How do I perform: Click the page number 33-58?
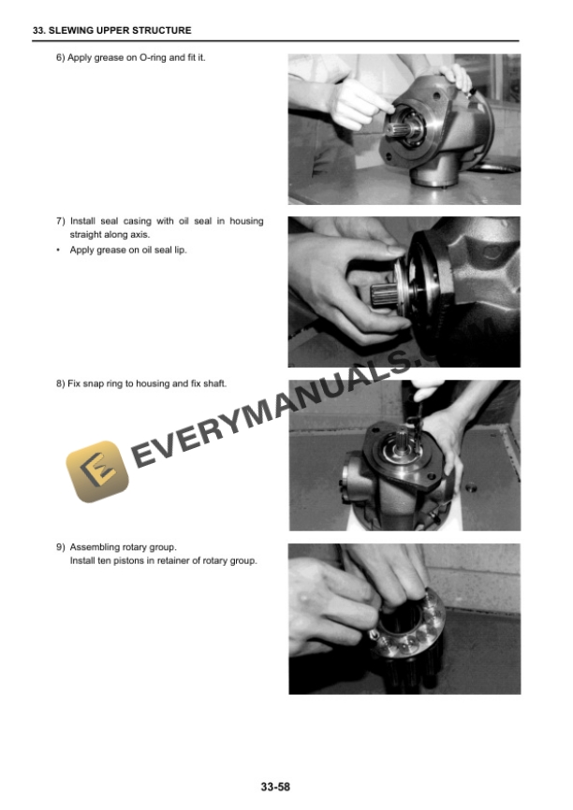tap(275, 787)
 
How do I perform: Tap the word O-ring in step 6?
tap(153, 58)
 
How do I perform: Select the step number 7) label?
tap(61, 221)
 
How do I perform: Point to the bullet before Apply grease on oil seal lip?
tap(58, 250)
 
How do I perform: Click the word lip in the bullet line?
tap(180, 250)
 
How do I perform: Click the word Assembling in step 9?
tap(95, 547)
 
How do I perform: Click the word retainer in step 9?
tap(173, 560)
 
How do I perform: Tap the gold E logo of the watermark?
tap(97, 471)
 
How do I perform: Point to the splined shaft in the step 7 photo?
tap(384, 296)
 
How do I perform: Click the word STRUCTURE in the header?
tap(162, 31)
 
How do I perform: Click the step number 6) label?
tap(61, 58)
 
